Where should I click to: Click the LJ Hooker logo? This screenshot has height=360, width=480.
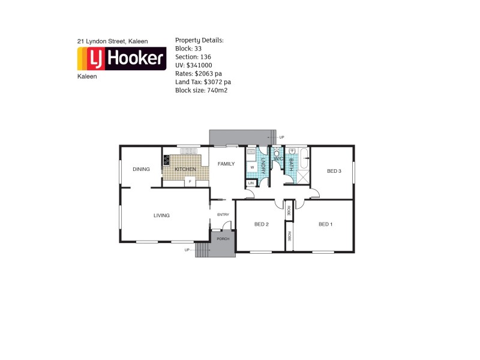coord(122,59)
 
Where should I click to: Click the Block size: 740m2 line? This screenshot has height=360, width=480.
coord(201,90)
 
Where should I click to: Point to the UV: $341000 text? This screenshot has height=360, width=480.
coord(193,65)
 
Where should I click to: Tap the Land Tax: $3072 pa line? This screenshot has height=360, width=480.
coord(203,82)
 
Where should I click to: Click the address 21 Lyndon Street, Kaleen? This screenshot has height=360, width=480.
coord(113,41)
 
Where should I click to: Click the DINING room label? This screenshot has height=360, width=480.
coord(141,169)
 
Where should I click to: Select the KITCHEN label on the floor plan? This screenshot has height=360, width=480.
coord(185,170)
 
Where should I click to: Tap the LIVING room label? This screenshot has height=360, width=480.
coord(161,215)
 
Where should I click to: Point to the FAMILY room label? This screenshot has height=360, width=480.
coord(226,164)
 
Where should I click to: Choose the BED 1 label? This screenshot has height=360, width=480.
coord(325,224)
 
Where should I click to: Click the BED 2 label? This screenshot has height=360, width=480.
coord(261,224)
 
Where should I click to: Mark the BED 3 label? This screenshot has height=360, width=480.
coord(334,171)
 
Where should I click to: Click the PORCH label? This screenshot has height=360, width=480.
coord(223,239)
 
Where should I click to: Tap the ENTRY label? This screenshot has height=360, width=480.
coord(223,215)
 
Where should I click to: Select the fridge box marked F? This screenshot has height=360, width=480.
coord(190,181)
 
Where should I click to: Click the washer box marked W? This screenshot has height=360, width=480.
coord(252,167)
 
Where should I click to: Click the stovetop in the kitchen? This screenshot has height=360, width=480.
coord(166,160)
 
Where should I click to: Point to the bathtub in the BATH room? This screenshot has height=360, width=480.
coord(304,162)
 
